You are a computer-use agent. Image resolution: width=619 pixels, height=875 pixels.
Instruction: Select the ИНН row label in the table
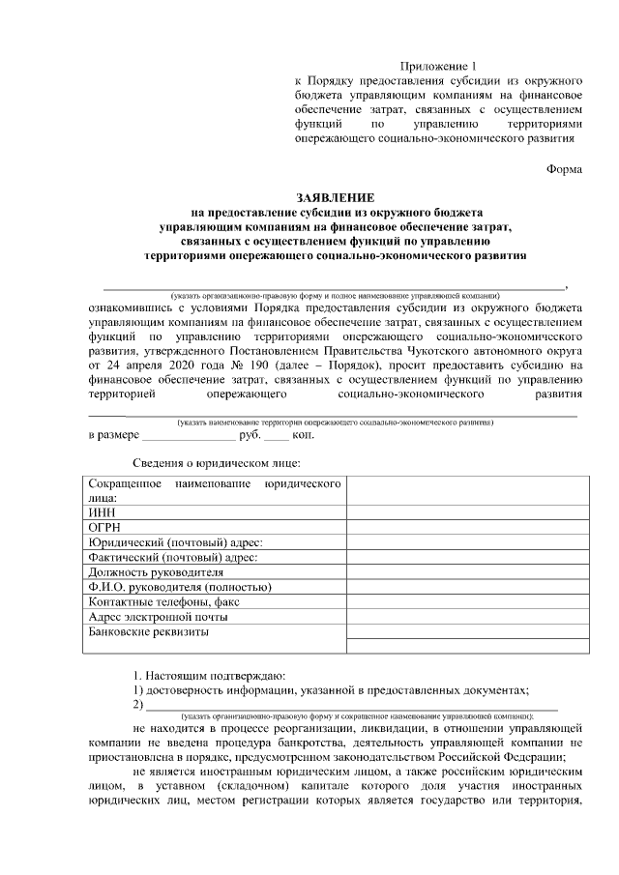pyautogui.click(x=101, y=512)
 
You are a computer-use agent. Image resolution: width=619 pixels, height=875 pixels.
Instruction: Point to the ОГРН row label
pyautogui.click(x=104, y=528)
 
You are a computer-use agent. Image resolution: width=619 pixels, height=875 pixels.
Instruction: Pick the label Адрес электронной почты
pyautogui.click(x=158, y=617)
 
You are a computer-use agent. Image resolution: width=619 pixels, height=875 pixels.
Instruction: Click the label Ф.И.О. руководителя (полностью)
pyautogui.click(x=179, y=587)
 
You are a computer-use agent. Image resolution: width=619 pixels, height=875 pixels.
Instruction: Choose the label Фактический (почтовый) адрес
pyautogui.click(x=173, y=558)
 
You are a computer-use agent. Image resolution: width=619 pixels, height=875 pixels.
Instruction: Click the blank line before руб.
pyautogui.click(x=188, y=436)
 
